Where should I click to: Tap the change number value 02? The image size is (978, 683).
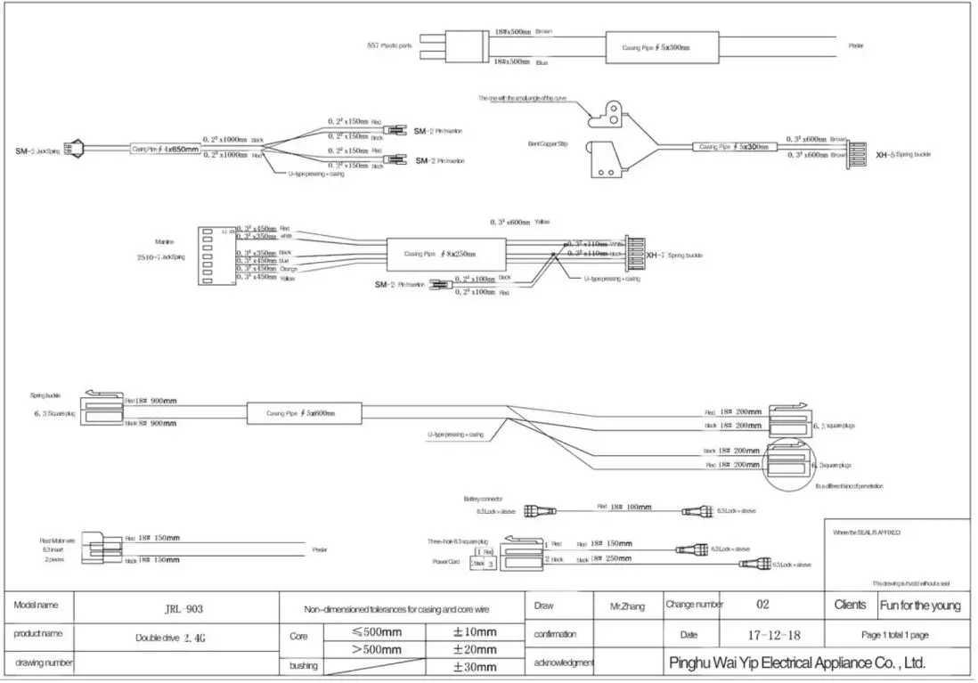762,605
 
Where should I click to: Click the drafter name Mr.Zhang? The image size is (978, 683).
627,606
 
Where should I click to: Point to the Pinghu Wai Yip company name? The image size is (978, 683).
797,663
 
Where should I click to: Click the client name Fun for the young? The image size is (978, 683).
921,606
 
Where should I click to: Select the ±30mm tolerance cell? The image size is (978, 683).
475,665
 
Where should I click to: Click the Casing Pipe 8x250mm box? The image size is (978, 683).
446,254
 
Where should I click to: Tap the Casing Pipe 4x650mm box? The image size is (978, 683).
165,150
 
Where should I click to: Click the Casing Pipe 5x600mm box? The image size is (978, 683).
305,414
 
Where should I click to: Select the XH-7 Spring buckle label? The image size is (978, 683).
674,255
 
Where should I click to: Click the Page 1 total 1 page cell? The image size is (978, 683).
895,635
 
